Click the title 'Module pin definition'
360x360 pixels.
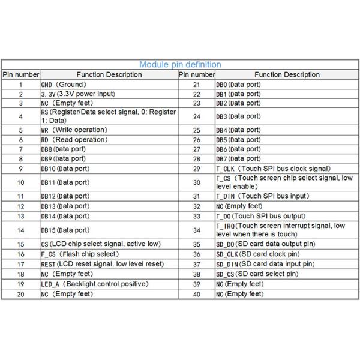pyautogui.click(x=180, y=65)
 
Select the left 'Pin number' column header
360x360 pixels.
pyautogui.click(x=20, y=75)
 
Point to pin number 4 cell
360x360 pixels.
pyautogui.click(x=20, y=116)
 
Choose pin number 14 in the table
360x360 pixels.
pyautogui.click(x=20, y=230)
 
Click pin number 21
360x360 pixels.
pyautogui.click(x=196, y=85)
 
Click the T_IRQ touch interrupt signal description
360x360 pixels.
pyautogui.click(x=280, y=230)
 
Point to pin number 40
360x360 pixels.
pyautogui.click(x=196, y=294)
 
